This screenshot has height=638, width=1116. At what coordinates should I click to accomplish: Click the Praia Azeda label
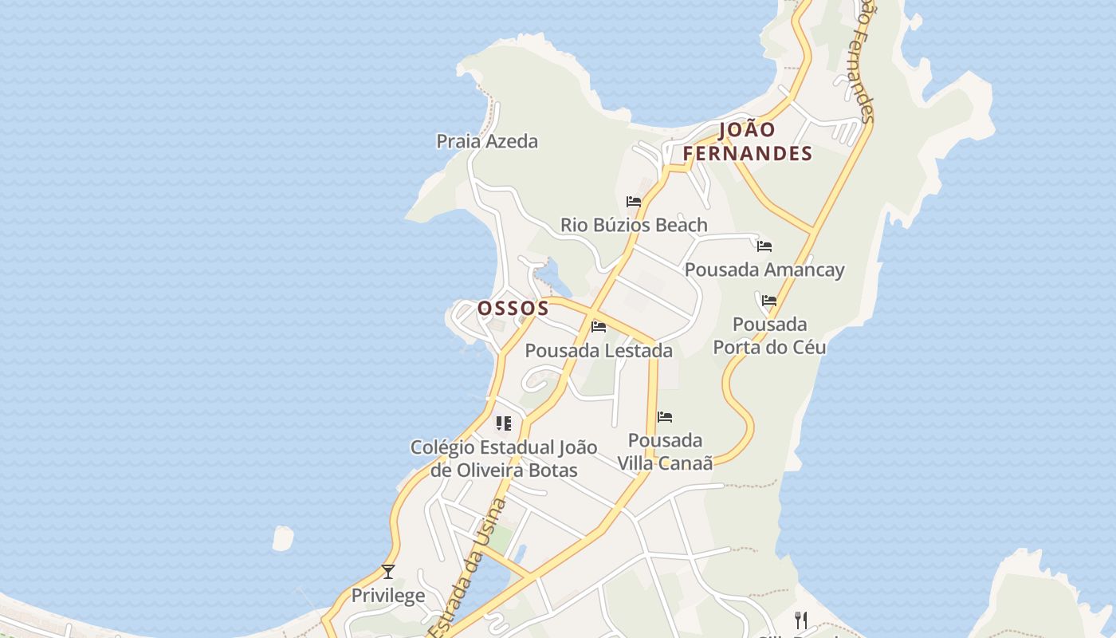[486, 142]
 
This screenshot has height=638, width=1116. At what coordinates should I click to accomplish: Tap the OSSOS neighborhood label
[513, 308]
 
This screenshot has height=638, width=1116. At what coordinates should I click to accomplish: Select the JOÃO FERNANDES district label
[747, 142]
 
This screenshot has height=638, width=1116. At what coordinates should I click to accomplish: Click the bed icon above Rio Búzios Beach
[634, 202]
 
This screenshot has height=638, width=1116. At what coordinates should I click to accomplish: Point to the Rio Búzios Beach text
[634, 226]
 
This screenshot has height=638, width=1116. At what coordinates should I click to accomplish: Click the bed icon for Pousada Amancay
[764, 246]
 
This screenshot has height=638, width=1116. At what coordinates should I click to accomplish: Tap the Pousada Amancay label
[764, 270]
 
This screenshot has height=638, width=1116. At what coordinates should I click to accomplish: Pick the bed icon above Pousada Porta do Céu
[768, 301]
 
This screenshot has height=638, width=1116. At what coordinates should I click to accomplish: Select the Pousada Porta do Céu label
[769, 336]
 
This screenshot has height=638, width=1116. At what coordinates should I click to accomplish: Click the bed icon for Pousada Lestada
[599, 327]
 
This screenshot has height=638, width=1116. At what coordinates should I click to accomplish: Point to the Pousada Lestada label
[598, 351]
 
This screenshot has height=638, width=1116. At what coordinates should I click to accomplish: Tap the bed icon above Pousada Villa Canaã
[665, 417]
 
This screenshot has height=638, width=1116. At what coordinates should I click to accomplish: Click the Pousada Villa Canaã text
[665, 451]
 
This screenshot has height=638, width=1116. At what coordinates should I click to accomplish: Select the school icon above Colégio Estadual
[503, 423]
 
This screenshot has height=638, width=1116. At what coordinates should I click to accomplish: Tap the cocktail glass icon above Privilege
[388, 572]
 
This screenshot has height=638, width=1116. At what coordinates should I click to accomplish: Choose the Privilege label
[388, 597]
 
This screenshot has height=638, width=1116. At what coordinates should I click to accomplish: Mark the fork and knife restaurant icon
[801, 620]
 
